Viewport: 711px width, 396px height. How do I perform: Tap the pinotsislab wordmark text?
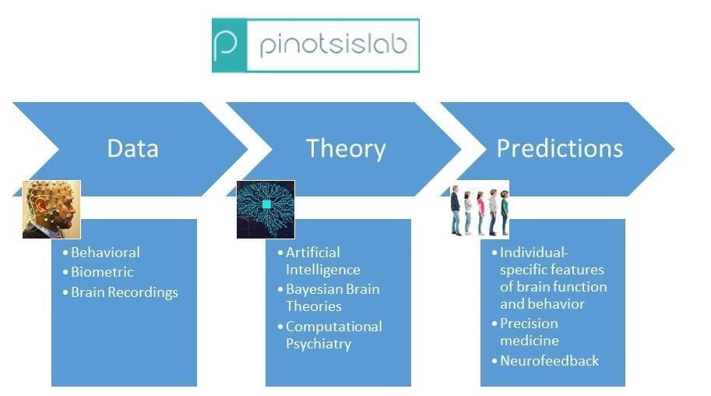pyautogui.click(x=333, y=46)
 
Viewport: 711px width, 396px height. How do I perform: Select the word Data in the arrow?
pyautogui.click(x=133, y=148)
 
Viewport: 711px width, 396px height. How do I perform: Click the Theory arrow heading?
pyautogui.click(x=346, y=148)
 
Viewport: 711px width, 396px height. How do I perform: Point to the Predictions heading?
pyautogui.click(x=560, y=148)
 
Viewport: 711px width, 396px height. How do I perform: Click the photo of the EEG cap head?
pyautogui.click(x=51, y=210)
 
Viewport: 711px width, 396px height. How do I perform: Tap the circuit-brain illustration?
pyautogui.click(x=266, y=210)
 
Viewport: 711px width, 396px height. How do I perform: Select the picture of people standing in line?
pyautogui.click(x=480, y=210)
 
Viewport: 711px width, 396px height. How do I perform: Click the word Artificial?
pyautogui.click(x=313, y=253)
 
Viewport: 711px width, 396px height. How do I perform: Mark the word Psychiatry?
pyautogui.click(x=319, y=344)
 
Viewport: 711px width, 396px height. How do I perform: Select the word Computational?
pyautogui.click(x=334, y=327)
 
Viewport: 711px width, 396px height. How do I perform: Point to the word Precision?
pyautogui.click(x=529, y=324)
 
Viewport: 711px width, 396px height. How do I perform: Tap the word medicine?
pyautogui.click(x=530, y=341)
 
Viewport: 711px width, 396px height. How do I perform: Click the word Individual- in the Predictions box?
pyautogui.click(x=533, y=253)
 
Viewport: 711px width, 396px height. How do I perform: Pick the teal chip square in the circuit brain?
pyautogui.click(x=266, y=204)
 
